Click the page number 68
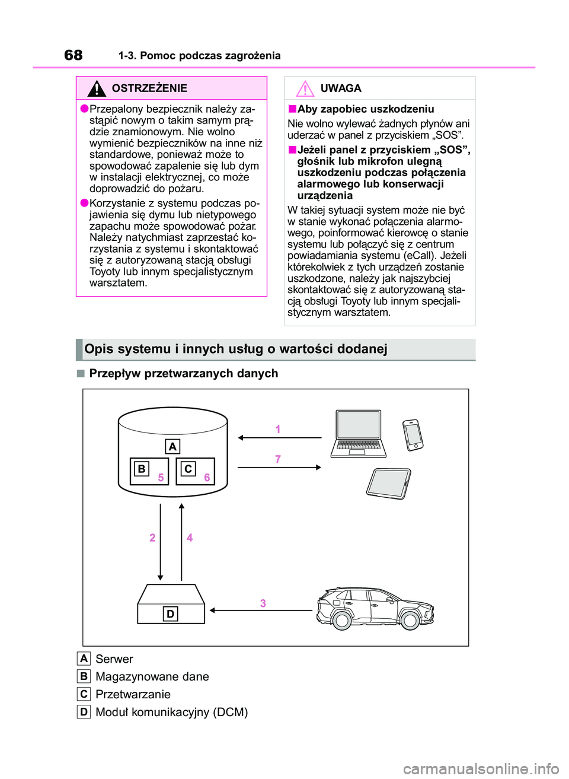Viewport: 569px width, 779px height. coord(73,55)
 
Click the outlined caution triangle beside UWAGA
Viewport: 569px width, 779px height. coord(305,89)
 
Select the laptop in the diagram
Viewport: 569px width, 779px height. coord(358,434)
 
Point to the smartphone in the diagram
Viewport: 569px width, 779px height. coord(413,435)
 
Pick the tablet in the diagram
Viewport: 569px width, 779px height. coord(389,483)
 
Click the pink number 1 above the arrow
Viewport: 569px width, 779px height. coord(278,429)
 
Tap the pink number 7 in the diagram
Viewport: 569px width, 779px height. coord(278,459)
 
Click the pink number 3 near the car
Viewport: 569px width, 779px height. coord(263,603)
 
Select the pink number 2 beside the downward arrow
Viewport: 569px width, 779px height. coord(152,538)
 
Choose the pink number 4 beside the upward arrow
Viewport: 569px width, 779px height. coord(190,538)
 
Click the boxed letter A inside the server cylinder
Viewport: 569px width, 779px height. coord(172,447)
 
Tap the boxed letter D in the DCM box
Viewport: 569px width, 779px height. coord(170,613)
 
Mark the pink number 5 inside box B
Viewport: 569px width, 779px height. coord(161,477)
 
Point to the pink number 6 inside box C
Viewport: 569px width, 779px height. coord(207,477)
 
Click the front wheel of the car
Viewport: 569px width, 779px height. coord(410,621)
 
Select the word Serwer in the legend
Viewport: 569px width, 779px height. coord(114,659)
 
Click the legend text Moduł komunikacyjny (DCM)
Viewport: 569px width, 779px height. coord(172,712)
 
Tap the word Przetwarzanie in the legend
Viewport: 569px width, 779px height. coord(133,694)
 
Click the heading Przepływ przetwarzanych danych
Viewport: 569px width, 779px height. coord(184,373)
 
